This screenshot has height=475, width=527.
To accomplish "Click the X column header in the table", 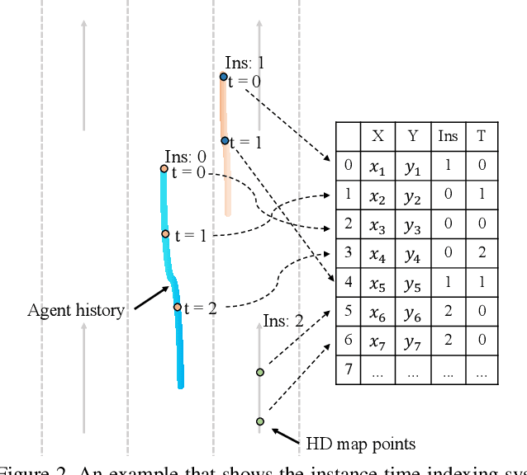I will (377, 136).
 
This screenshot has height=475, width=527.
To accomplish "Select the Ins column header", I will (447, 136).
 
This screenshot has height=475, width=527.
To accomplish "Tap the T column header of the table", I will (481, 136).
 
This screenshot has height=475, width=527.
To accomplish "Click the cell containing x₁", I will (377, 166).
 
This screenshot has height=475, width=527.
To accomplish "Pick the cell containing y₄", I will (412, 253).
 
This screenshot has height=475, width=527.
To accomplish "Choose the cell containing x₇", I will (377, 340).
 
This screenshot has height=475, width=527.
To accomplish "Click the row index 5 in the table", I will (348, 311).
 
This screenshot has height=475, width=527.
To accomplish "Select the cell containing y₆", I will (412, 311).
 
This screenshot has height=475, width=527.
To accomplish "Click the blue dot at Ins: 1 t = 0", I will (223, 77).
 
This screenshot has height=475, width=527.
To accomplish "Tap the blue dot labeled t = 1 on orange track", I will (225, 141).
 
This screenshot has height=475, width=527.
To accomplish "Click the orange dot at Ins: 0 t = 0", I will (164, 169).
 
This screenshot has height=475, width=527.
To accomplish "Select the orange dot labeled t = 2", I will (177, 307).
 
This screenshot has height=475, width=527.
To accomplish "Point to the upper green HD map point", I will (260, 372).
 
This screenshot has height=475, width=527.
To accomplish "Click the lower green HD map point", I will (260, 421).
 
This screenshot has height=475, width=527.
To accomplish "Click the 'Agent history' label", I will (76, 311).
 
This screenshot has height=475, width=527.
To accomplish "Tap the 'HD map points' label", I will (360, 444).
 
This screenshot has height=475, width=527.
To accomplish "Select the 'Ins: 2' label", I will (283, 320).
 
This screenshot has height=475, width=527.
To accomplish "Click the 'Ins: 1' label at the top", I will (245, 63).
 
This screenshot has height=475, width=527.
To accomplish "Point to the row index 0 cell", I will (348, 166).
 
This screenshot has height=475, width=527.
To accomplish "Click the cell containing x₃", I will (377, 224).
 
